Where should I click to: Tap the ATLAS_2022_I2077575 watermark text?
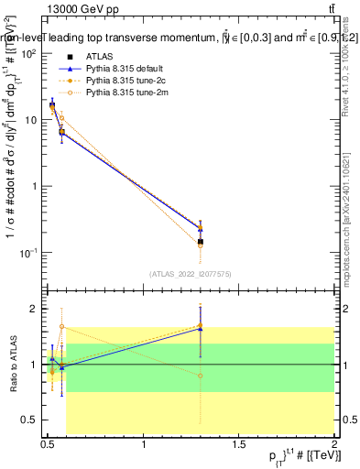tap(190, 273)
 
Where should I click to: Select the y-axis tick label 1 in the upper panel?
tap(33, 186)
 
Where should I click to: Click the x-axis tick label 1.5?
tap(239, 444)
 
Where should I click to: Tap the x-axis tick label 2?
tap(334, 444)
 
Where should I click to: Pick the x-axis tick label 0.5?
tap(48, 444)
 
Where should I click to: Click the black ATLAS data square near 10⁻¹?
tap(201, 242)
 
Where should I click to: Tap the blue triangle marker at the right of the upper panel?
tap(201, 225)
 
